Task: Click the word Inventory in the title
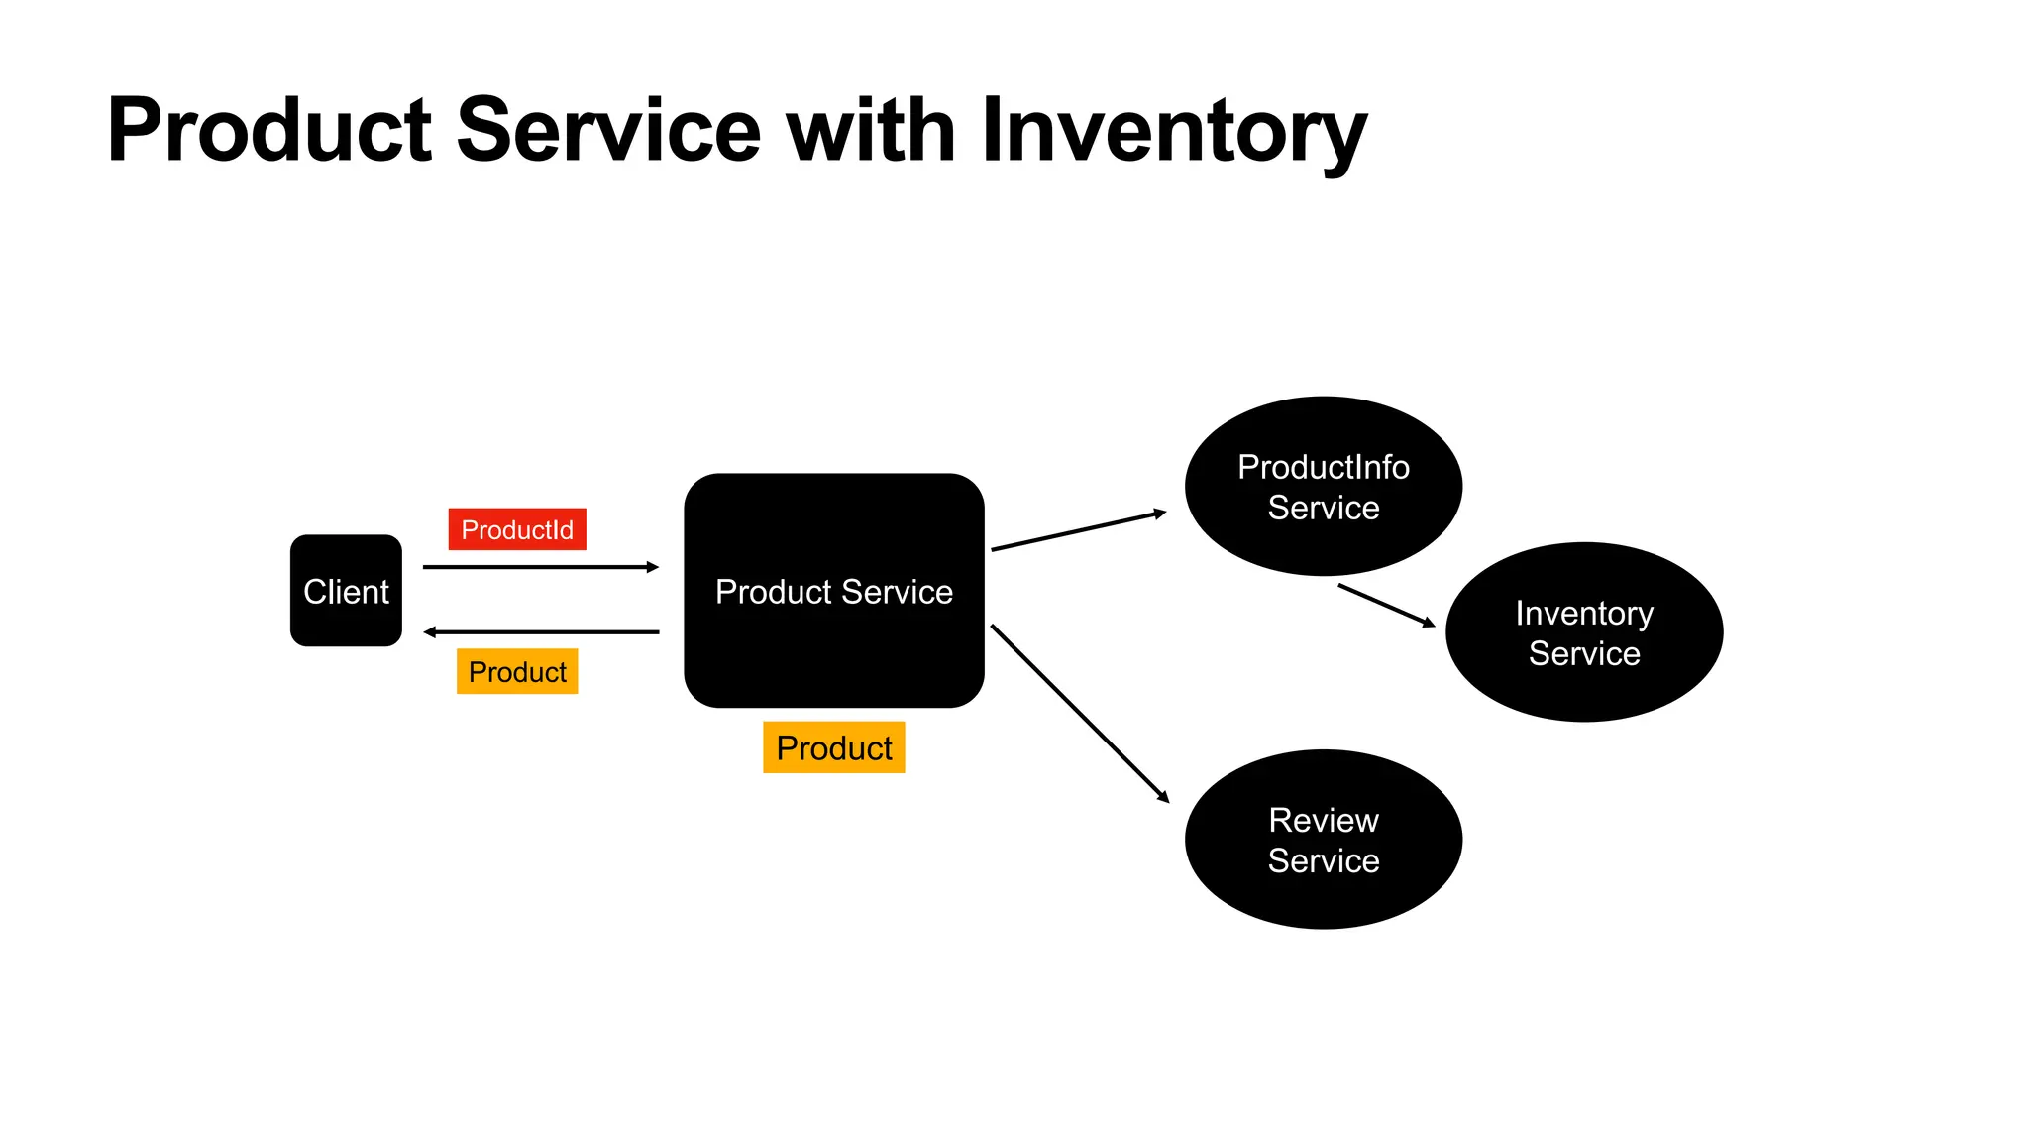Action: point(1174,131)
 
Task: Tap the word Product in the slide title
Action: point(269,131)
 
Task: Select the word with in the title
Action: point(871,131)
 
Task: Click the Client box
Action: point(346,591)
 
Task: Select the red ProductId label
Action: point(517,529)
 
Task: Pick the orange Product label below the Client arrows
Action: point(517,672)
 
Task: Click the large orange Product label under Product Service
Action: point(833,747)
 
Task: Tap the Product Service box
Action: point(833,591)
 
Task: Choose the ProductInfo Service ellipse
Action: point(1323,487)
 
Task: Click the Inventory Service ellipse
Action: point(1583,632)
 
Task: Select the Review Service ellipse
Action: point(1323,840)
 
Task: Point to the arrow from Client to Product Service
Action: point(540,567)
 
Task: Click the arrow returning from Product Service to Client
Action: point(540,631)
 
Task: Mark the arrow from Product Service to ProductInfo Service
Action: point(1078,530)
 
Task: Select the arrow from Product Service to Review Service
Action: point(1080,714)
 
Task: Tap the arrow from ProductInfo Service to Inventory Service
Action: point(1385,605)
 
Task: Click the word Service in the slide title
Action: point(607,131)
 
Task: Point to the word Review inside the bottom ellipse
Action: point(1323,821)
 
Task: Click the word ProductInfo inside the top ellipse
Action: point(1323,467)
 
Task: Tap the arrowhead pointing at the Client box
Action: point(430,631)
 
